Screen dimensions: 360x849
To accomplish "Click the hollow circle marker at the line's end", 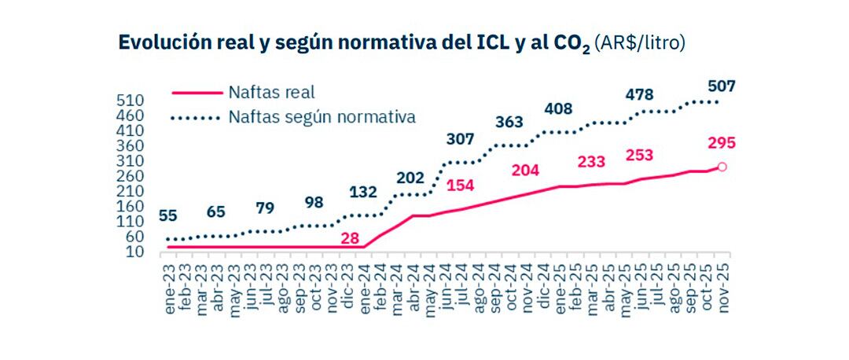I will [x=722, y=167].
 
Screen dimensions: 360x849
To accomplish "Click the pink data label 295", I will [x=722, y=143].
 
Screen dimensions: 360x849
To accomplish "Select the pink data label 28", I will [x=350, y=237].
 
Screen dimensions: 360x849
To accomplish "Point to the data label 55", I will [x=168, y=215].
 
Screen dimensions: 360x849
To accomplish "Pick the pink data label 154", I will [x=462, y=186].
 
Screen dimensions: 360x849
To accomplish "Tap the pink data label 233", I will [x=591, y=161].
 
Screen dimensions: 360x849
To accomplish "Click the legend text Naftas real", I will [x=271, y=93].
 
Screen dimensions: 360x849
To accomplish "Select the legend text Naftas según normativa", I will [x=322, y=117].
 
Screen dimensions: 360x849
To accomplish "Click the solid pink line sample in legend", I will [x=194, y=93].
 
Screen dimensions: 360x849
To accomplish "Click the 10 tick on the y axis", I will [x=133, y=252].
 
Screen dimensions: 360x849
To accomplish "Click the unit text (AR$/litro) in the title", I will [x=640, y=42].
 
